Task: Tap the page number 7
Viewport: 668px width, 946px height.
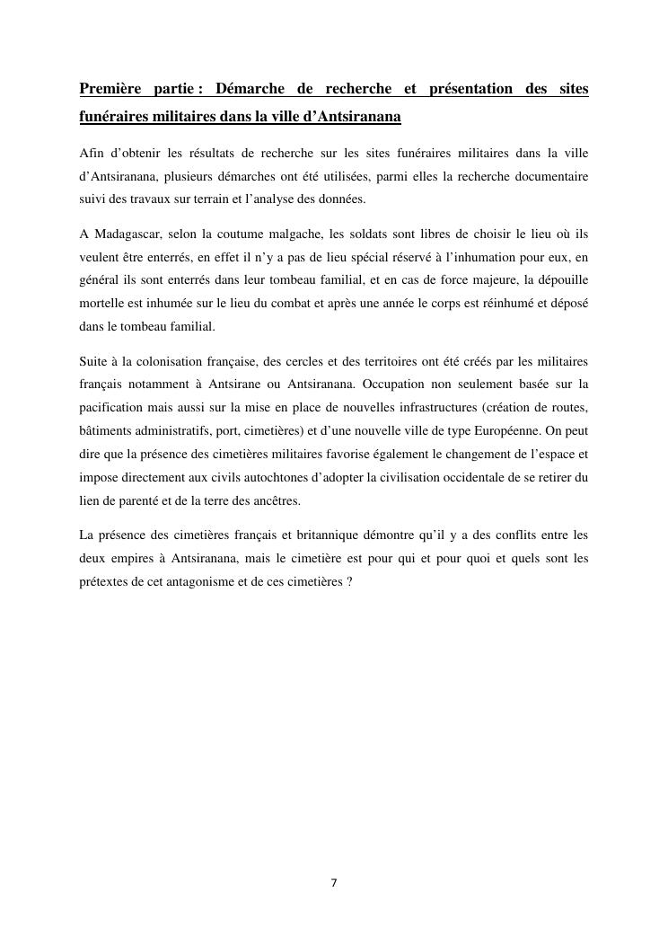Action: coord(334,883)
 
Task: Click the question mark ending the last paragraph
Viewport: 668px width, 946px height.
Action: coord(349,582)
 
